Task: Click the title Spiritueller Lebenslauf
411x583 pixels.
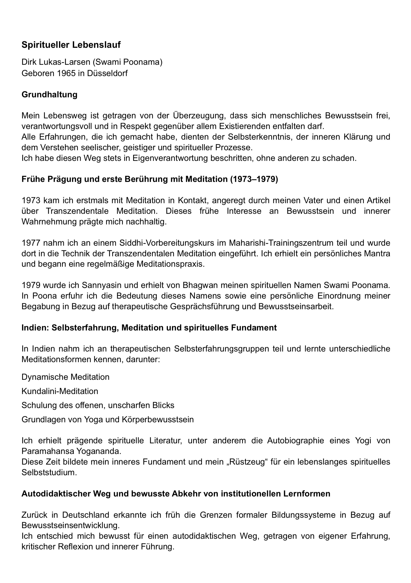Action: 71,45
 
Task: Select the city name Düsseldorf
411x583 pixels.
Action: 107,73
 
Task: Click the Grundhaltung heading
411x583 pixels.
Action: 50,95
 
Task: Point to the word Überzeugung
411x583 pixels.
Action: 200,116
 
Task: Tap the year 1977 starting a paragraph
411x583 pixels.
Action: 31,243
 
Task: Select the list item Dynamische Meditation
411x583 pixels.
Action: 66,377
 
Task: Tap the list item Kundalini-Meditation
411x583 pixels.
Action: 60,391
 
